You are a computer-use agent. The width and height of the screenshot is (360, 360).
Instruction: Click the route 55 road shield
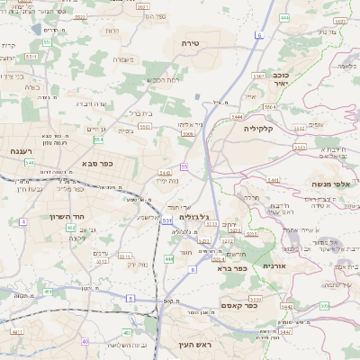pos(183,166)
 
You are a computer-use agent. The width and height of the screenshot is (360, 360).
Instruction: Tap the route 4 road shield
pos(24,220)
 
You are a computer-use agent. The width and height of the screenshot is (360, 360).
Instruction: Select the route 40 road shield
pos(86,342)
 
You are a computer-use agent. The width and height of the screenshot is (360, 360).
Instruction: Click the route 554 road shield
pos(98,139)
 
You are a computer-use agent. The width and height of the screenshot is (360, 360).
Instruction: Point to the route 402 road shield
pos(70,228)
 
